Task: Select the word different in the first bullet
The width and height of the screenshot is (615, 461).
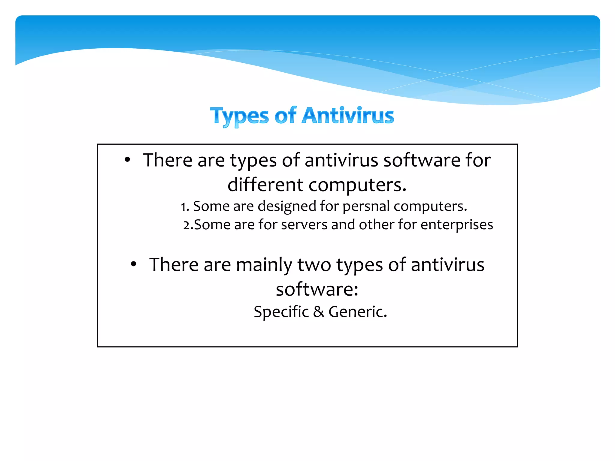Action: (x=265, y=184)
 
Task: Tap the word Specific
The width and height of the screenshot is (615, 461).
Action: (x=281, y=312)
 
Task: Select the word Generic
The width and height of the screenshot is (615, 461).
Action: (x=357, y=312)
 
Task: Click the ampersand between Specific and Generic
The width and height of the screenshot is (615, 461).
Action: (x=319, y=312)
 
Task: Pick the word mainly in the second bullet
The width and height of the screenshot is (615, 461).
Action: (x=264, y=265)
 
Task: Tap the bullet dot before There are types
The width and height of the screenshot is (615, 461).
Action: (x=127, y=160)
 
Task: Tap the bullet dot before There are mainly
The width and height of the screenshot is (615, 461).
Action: (x=134, y=264)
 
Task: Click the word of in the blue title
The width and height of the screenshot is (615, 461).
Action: (x=285, y=116)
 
